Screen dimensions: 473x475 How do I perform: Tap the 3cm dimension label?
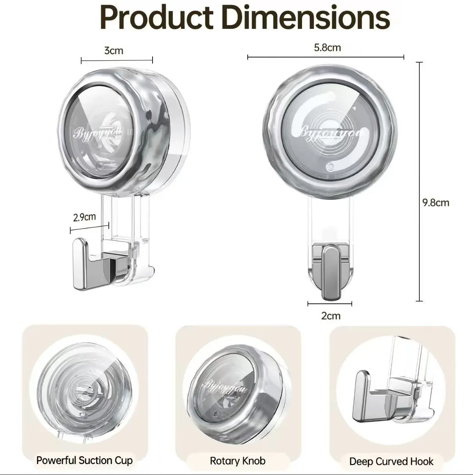point(113,50)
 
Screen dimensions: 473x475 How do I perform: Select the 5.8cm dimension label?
point(327,48)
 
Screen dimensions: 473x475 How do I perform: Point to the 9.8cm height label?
point(436,203)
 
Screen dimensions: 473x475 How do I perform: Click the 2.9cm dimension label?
point(85,217)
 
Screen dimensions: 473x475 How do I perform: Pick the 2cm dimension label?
point(331,316)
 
